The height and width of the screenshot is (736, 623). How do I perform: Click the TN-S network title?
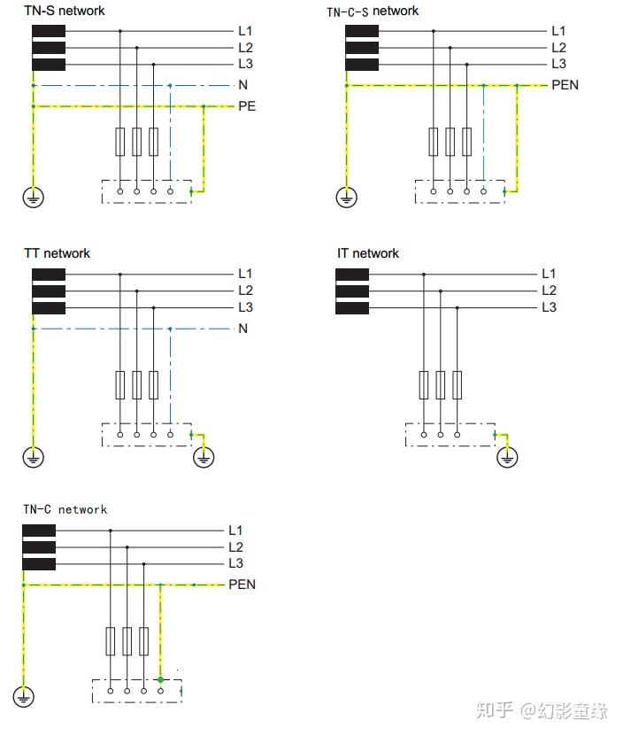(x=64, y=11)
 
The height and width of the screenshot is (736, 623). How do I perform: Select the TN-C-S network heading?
(x=373, y=12)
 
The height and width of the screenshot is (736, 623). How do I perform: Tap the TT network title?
(x=57, y=253)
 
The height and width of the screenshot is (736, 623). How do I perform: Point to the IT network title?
(x=367, y=253)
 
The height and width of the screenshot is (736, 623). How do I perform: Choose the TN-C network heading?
(x=65, y=509)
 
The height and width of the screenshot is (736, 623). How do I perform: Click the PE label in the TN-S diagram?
(x=246, y=106)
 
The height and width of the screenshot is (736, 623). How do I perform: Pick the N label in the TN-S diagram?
(x=242, y=86)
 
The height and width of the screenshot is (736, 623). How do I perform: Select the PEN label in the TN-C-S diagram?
(x=565, y=86)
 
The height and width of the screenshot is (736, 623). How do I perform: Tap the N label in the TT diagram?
(x=242, y=329)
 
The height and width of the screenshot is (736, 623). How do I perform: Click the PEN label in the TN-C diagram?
(x=242, y=585)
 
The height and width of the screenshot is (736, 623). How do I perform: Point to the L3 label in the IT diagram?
(x=549, y=307)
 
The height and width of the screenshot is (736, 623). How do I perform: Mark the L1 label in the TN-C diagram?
(x=235, y=531)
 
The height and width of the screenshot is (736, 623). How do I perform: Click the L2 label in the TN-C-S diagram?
(x=558, y=48)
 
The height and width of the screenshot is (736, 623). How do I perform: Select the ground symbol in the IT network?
(x=507, y=456)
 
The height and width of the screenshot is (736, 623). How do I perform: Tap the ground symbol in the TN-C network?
(x=23, y=698)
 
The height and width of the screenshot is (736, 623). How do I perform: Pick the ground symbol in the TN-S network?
(x=33, y=198)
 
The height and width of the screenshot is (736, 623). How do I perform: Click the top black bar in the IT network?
(x=352, y=275)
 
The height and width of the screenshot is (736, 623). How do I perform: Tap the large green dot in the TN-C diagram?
(x=160, y=680)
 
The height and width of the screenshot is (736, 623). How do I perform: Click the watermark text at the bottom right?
(x=541, y=710)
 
